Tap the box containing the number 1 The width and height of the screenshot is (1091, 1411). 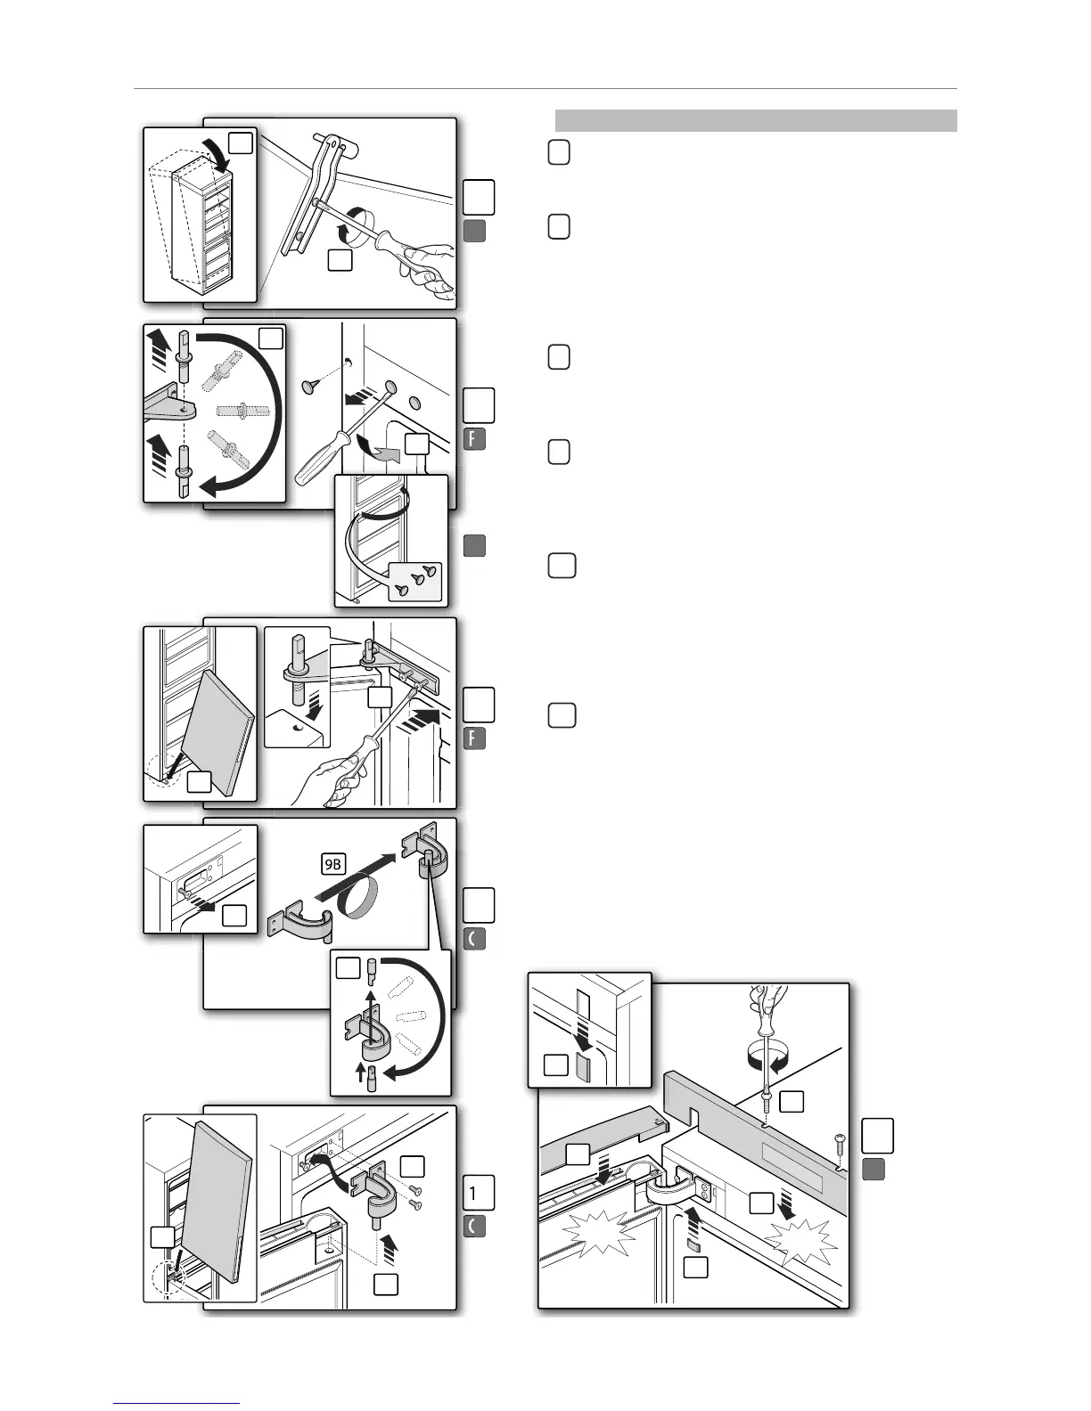479,1192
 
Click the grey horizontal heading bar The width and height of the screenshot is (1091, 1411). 756,120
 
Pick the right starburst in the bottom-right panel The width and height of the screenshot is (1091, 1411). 801,1239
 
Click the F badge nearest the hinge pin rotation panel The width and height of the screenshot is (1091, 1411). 474,439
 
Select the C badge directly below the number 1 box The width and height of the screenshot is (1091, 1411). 474,1227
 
